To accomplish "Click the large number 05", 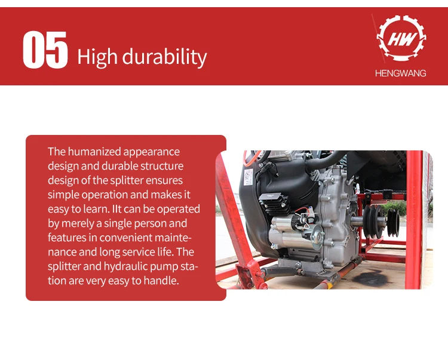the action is [45, 50].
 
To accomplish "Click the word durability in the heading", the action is [164, 57].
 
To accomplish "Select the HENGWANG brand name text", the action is [401, 73].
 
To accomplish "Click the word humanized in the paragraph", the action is [94, 152].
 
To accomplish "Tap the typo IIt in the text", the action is [117, 209].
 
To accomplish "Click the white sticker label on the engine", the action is [248, 177].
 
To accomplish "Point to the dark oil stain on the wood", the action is [370, 278].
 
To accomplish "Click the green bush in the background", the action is [395, 208].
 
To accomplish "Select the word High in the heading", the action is [97, 57].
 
